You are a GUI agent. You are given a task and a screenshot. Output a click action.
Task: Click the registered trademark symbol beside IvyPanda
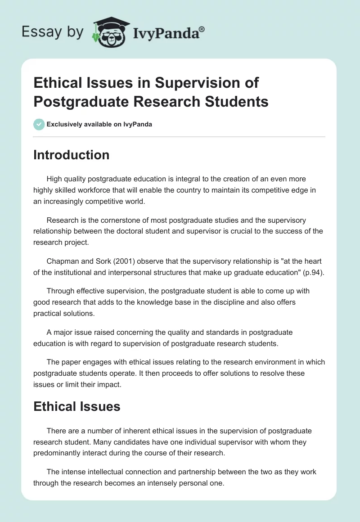click(x=202, y=29)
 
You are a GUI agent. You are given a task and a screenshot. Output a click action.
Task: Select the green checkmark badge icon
click(x=39, y=124)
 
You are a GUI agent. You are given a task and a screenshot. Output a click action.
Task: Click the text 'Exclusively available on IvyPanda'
click(x=99, y=124)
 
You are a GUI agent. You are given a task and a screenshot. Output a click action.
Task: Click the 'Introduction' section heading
click(x=72, y=155)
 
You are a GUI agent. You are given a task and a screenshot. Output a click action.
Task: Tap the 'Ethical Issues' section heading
click(x=77, y=407)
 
